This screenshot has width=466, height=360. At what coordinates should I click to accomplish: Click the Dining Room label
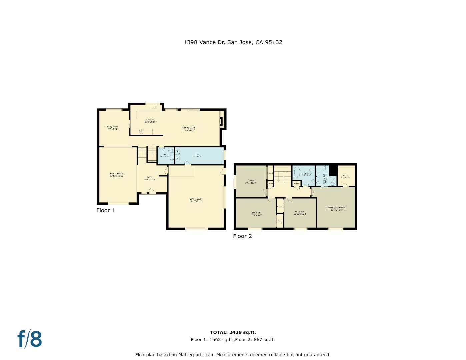tap(112, 128)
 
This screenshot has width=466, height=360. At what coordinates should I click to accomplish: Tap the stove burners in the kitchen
tap(141, 132)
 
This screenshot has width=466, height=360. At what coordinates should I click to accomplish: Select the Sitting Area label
tap(189, 129)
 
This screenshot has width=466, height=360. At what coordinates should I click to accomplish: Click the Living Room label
tap(117, 174)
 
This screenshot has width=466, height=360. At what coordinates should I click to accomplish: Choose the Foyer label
tap(150, 178)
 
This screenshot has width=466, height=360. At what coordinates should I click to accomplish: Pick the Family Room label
tap(196, 200)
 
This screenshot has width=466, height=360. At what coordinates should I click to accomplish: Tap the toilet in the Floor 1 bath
tap(171, 152)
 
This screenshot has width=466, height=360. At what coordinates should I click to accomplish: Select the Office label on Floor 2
tap(251, 181)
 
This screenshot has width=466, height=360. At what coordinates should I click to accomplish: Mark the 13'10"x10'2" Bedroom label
tap(299, 212)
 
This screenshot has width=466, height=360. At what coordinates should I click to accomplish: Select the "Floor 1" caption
tap(106, 210)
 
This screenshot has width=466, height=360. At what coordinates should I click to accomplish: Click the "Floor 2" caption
tap(242, 236)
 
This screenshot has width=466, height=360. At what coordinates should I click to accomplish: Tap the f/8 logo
tap(30, 339)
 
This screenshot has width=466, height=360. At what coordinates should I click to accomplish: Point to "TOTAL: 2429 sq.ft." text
tap(233, 332)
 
